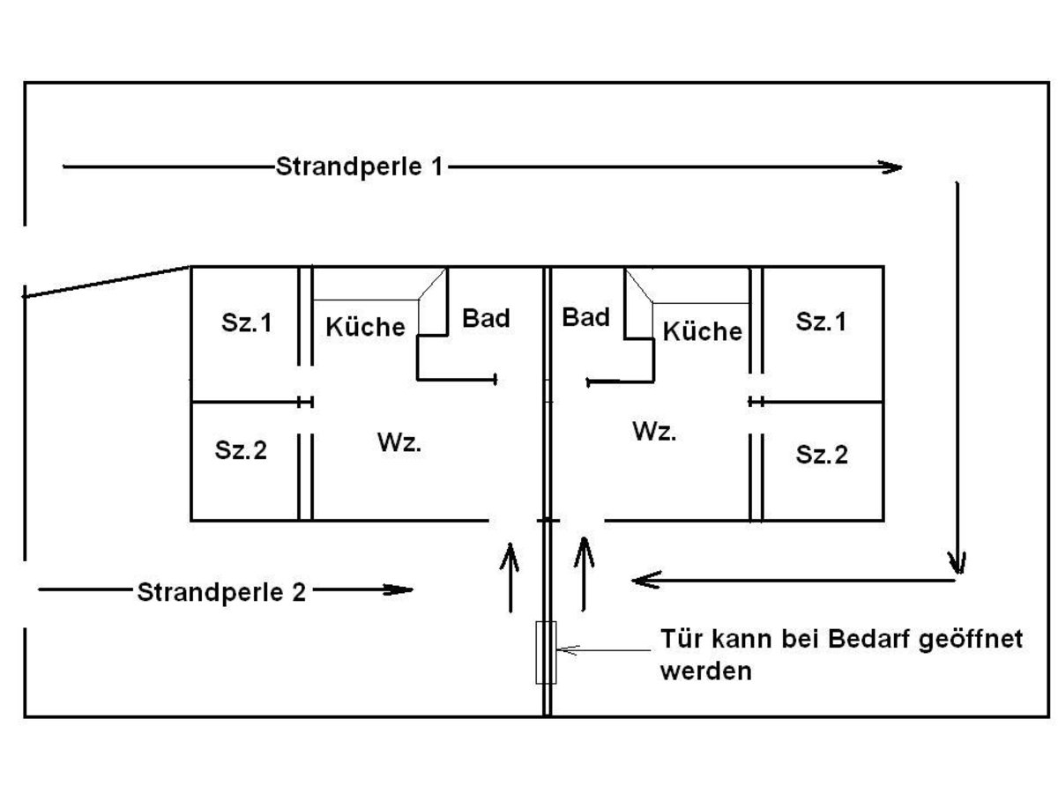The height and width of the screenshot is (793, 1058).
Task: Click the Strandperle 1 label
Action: pos(360,167)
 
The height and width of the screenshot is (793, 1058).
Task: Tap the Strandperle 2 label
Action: pos(221,591)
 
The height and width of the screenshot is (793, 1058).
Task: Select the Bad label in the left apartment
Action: pos(486,318)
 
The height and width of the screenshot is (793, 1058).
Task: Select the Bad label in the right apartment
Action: pos(585,317)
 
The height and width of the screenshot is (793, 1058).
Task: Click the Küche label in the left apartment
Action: pos(365,326)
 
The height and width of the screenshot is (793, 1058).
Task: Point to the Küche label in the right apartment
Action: pos(702,331)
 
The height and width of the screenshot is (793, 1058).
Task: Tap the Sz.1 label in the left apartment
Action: pos(246,323)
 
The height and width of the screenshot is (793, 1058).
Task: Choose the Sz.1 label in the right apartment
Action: pos(821,322)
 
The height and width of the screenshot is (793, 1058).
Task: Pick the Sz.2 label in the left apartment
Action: pos(241,450)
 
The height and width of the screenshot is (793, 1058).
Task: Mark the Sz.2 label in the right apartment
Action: pos(822,455)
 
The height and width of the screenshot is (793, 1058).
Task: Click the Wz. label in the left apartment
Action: pos(399,443)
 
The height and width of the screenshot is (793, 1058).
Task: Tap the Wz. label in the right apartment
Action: pos(655,432)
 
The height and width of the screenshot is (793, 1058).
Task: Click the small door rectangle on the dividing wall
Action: pos(546,652)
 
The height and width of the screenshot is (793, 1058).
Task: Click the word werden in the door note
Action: pos(705,671)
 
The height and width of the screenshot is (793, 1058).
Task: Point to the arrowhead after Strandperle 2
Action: pos(401,590)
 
